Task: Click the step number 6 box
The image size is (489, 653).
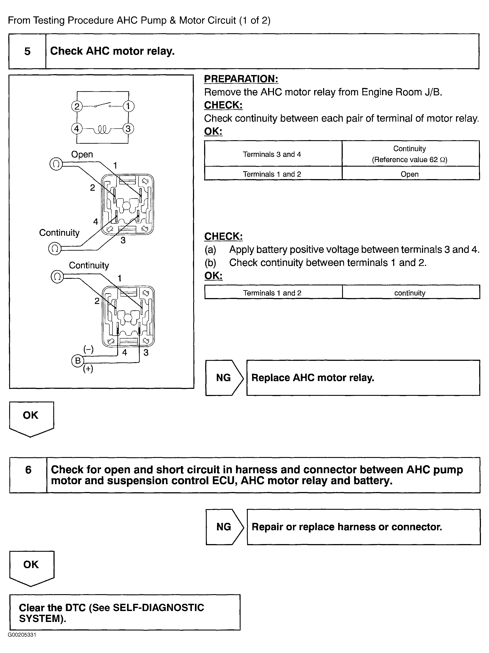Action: [x=28, y=475]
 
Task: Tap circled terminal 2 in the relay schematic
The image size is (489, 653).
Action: [x=77, y=106]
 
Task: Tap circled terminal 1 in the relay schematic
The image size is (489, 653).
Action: [x=128, y=106]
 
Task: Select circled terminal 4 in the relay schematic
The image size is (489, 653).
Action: [x=77, y=129]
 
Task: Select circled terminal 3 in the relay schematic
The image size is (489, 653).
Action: [x=128, y=129]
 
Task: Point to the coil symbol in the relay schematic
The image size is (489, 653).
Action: [x=102, y=129]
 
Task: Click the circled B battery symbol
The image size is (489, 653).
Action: [x=78, y=360]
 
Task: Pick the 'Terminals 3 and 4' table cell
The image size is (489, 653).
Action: [x=272, y=154]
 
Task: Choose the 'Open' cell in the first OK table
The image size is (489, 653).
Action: [x=409, y=174]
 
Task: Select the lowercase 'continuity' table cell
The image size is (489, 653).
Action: [x=410, y=293]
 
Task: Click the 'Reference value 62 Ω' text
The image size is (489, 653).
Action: [x=409, y=160]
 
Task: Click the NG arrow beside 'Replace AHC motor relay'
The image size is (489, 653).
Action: [x=224, y=378]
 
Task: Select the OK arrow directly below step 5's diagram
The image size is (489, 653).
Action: [x=31, y=418]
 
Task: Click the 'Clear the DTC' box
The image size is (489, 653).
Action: [x=125, y=613]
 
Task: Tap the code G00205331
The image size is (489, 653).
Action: [x=22, y=635]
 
